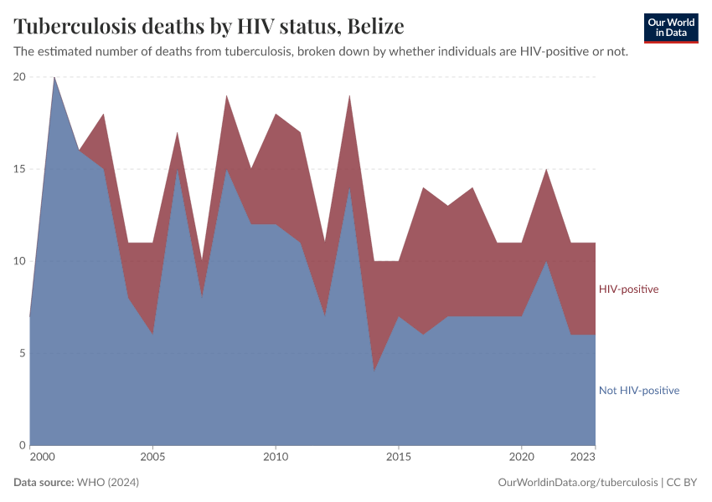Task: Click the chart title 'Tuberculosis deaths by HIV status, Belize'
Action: (209, 27)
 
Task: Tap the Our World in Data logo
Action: (670, 28)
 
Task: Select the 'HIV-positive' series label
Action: (628, 289)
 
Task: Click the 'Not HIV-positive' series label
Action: (638, 391)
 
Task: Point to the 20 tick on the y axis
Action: (18, 77)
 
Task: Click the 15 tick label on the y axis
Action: (18, 169)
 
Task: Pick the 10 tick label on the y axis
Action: (18, 261)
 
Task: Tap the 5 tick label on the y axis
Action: (22, 353)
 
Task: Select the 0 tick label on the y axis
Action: (22, 445)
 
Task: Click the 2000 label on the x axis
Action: (41, 458)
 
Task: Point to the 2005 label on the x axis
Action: (152, 458)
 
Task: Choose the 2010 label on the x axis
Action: (276, 458)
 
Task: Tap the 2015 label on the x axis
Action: (399, 458)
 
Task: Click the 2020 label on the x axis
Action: (521, 458)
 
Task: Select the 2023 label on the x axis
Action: (583, 458)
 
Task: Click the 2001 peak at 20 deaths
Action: (54, 78)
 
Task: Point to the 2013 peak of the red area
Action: (349, 96)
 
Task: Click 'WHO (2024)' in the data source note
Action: (107, 483)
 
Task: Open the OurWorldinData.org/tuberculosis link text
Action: (577, 483)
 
